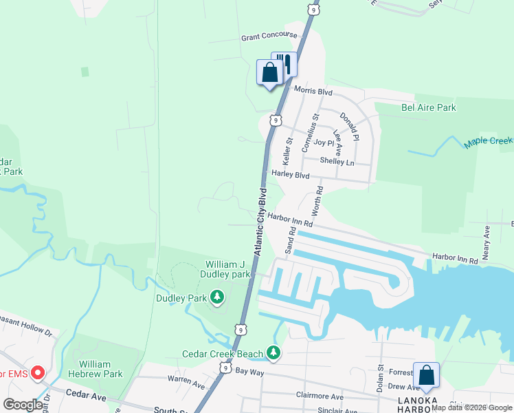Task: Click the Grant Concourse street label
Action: point(269,35)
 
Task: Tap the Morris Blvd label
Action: point(313,91)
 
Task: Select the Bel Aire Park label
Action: point(429,108)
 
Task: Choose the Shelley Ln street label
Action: point(337,162)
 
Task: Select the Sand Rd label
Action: point(291,240)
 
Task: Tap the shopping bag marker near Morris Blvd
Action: point(269,72)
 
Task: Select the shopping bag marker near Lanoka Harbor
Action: point(426,375)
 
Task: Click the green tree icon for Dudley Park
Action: point(217,297)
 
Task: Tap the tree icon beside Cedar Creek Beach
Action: point(273,353)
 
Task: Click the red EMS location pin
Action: point(37,374)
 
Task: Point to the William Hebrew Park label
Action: point(100,369)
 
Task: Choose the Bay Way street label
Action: point(249,371)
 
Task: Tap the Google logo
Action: point(23,405)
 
